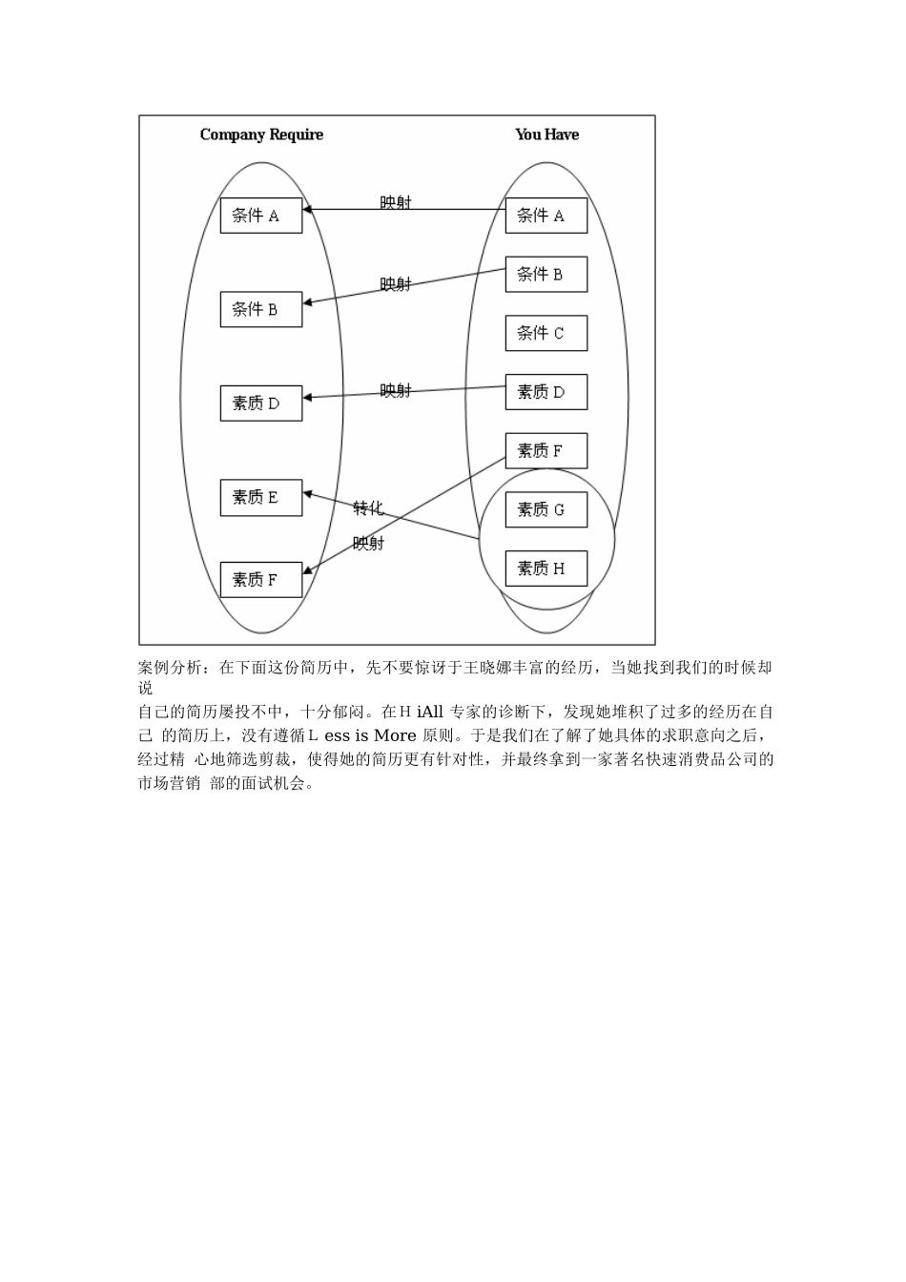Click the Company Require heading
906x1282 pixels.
point(261,134)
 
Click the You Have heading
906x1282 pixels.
point(546,134)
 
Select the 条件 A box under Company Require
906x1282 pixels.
point(261,216)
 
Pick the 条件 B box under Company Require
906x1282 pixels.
point(261,309)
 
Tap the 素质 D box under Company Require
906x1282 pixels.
point(261,403)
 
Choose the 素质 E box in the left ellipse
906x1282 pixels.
point(261,497)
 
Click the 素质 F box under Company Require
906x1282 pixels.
point(261,579)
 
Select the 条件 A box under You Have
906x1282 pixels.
point(546,216)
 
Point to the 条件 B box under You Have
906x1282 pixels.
point(546,275)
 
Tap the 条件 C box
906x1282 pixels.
point(546,333)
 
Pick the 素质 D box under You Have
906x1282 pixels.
point(546,392)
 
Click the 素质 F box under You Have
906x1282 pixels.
point(546,450)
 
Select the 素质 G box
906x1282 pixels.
point(546,509)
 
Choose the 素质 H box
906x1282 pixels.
point(546,569)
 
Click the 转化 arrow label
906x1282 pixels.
point(368,507)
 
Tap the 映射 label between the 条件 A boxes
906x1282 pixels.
point(395,202)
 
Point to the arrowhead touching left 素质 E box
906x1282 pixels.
point(307,494)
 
